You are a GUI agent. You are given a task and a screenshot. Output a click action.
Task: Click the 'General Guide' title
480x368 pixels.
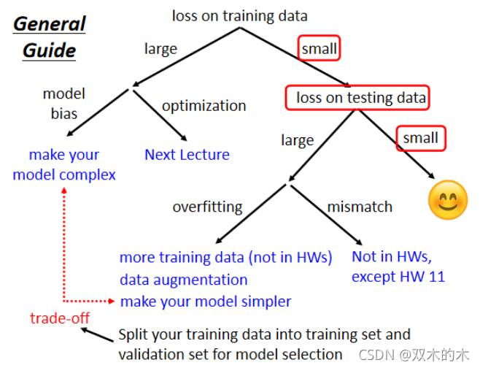point(50,37)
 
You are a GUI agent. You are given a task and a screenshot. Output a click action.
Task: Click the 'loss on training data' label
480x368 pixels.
point(239,15)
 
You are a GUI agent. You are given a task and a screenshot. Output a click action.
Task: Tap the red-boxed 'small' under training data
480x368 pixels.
point(319,49)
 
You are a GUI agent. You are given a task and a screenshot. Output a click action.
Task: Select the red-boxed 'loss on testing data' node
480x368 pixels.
point(360,97)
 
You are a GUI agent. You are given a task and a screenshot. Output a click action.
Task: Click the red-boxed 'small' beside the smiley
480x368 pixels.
point(420,137)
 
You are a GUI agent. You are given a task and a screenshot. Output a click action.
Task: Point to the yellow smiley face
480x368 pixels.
point(446,199)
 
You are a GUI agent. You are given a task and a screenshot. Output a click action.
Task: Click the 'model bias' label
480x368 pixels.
point(64,104)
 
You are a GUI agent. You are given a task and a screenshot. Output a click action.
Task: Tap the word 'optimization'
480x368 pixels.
point(204,106)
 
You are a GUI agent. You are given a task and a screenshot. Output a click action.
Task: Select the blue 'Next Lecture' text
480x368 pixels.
point(187,155)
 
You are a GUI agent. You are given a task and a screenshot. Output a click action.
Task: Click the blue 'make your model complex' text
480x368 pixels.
point(64,164)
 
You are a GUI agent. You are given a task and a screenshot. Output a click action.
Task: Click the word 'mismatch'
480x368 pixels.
point(359,207)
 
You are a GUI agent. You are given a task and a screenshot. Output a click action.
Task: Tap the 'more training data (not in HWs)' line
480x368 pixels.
point(225,257)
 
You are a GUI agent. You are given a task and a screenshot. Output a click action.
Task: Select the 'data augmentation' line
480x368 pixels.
point(183,280)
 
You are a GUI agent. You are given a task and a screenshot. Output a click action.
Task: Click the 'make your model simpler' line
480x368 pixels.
point(205,301)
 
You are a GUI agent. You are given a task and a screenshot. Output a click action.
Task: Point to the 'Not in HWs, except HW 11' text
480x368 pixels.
point(398,267)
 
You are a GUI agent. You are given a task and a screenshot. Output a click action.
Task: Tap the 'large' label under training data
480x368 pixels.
point(160,49)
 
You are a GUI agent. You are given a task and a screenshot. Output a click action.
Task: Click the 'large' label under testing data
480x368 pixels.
point(297,139)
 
